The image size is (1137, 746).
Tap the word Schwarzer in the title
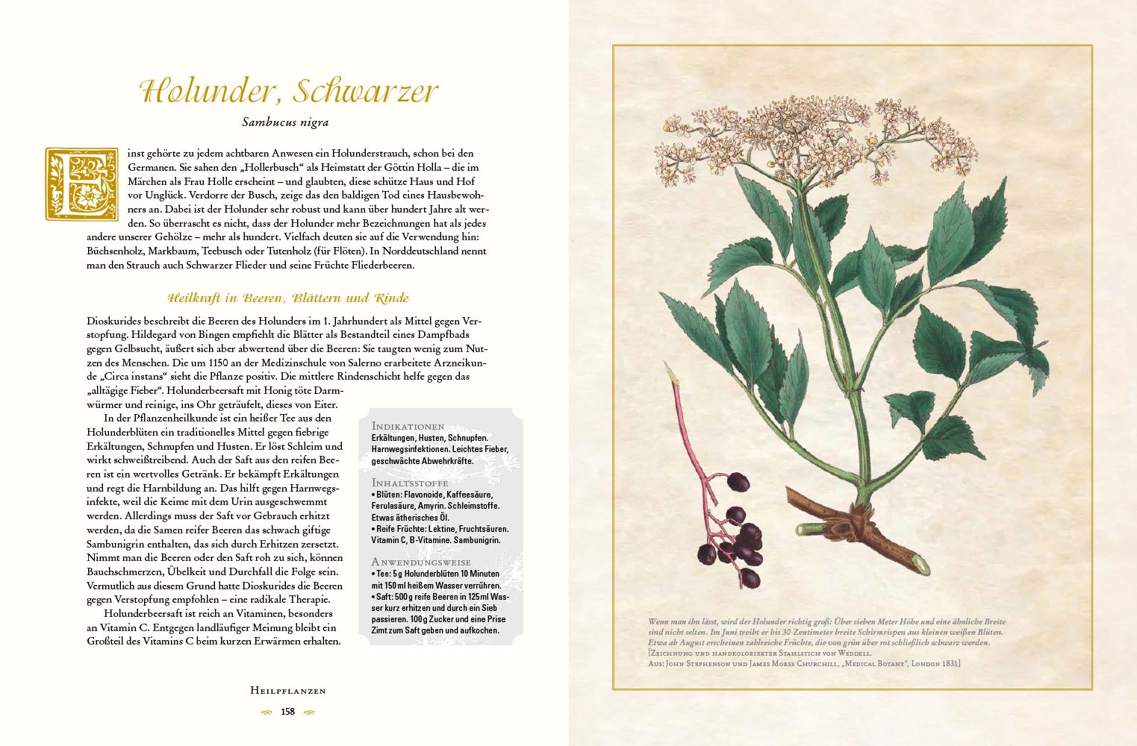365,91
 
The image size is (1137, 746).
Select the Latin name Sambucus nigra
285,122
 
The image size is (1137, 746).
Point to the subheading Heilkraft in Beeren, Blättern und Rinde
288,298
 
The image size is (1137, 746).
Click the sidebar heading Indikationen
408,426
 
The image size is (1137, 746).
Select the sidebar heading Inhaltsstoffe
410,483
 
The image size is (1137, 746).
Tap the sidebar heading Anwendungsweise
421,562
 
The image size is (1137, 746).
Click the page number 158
287,712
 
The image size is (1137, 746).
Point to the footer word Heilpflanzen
288,691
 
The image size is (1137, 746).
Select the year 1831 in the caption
947,663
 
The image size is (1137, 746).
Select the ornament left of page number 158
267,712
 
